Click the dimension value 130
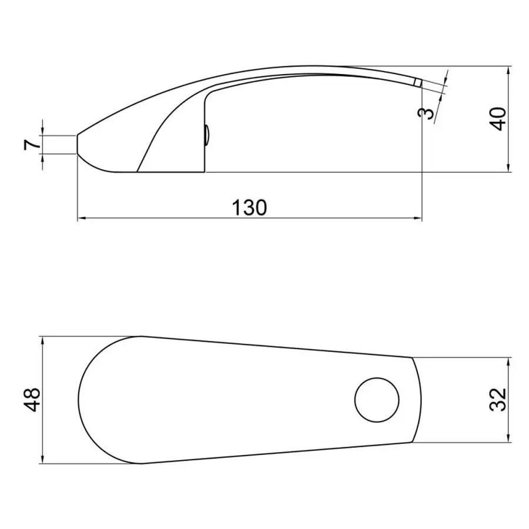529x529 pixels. [x=249, y=207]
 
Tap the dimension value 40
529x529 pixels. [x=498, y=119]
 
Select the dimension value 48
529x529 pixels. [x=32, y=400]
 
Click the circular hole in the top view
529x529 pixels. [x=377, y=400]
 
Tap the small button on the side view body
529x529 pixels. [x=206, y=136]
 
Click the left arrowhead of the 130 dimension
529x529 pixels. [x=81, y=219]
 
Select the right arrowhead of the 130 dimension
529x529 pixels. [x=418, y=219]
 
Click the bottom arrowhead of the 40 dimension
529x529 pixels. [x=508, y=169]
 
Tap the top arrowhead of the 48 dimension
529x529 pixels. [x=43, y=340]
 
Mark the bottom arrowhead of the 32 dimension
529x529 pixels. [x=508, y=438]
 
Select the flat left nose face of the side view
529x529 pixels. [x=78, y=145]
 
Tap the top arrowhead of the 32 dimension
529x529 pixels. [x=508, y=361]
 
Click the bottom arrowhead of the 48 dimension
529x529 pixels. [x=43, y=460]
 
